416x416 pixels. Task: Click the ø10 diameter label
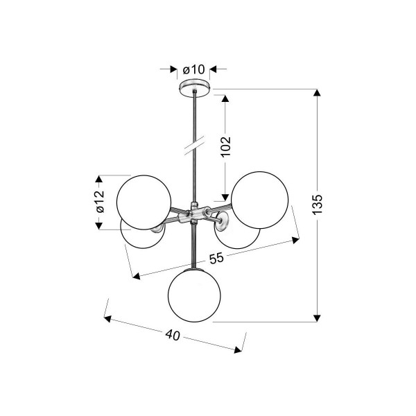tap(193, 70)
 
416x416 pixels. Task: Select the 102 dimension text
tap(226, 147)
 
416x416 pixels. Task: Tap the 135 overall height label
tap(317, 205)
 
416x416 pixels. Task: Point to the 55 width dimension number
tap(216, 259)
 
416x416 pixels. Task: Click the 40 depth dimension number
tap(173, 335)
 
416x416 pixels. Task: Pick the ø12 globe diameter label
tap(101, 202)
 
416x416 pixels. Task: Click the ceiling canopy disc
tap(195, 87)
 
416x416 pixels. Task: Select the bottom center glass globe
tap(194, 295)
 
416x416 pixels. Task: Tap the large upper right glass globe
tap(260, 200)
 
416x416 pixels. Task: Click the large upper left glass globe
tap(144, 202)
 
